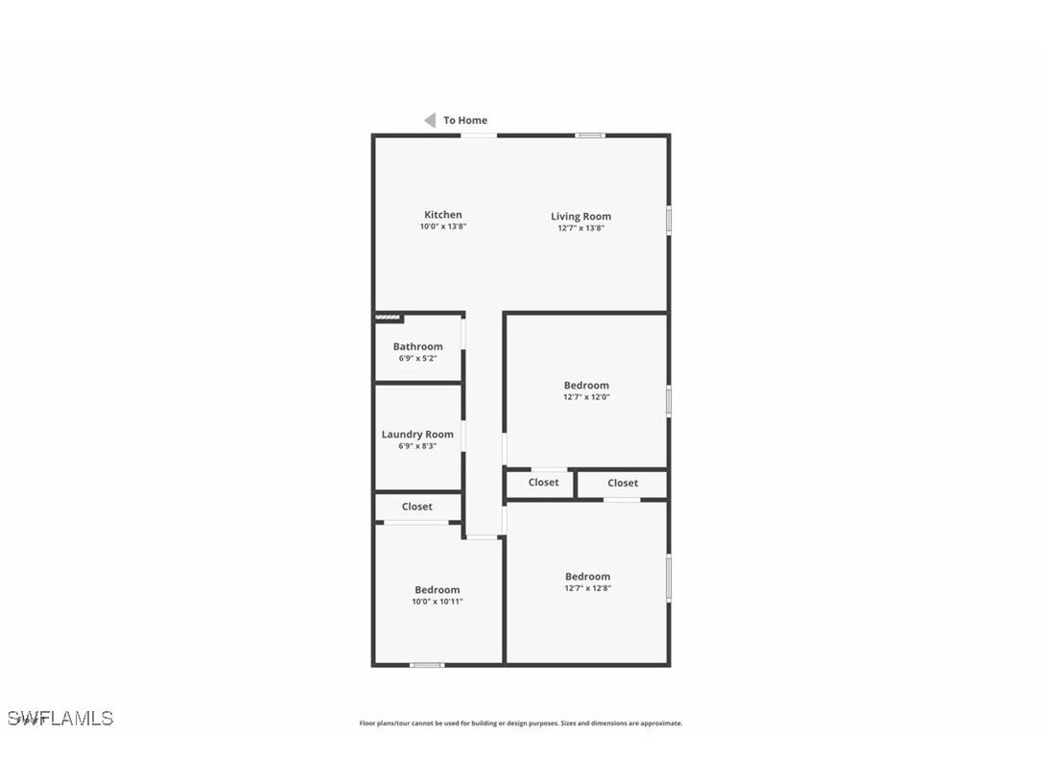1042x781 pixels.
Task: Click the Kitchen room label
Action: tap(442, 215)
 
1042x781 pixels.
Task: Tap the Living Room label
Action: tap(580, 217)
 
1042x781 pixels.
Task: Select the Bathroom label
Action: tap(417, 346)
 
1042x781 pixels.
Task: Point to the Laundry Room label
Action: tap(417, 435)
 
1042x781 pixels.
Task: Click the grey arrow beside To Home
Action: tap(430, 120)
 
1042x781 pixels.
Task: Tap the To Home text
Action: tap(465, 121)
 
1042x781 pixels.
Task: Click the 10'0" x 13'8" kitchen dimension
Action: tap(442, 227)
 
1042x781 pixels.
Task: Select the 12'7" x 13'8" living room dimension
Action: tap(580, 228)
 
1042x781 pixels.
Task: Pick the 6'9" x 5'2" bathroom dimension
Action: tap(417, 359)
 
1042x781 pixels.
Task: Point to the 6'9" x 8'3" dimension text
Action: tap(417, 446)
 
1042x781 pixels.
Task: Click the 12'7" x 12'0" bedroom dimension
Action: tap(586, 397)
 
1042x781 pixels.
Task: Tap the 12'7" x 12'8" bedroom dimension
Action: tap(587, 588)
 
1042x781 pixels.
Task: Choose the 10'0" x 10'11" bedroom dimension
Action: tap(437, 602)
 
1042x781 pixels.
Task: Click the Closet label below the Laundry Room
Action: tap(416, 507)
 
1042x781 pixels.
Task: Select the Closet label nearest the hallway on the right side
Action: tap(543, 483)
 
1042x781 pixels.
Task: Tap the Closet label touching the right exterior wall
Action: tap(622, 484)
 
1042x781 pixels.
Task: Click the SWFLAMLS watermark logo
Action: tap(60, 718)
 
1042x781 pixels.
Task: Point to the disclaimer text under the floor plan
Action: tap(521, 723)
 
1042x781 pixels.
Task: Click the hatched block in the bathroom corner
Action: tap(388, 318)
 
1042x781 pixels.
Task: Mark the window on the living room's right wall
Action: tap(669, 219)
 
